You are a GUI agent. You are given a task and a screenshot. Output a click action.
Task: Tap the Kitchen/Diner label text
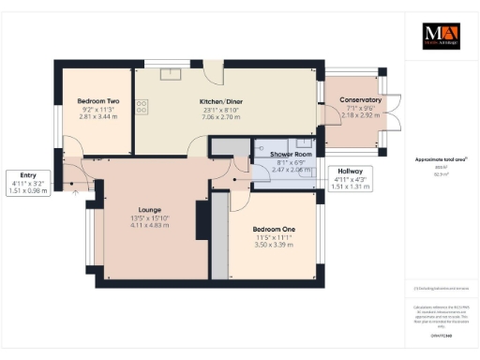(x=222, y=100)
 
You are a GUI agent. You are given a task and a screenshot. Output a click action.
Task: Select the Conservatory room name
(x=360, y=99)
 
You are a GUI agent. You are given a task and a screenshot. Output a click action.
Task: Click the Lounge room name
(x=150, y=209)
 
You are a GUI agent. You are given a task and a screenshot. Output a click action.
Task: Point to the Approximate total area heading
(x=436, y=160)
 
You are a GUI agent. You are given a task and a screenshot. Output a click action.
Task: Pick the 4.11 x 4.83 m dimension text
(x=150, y=226)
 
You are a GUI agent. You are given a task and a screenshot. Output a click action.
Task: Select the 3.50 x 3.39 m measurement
(x=275, y=246)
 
